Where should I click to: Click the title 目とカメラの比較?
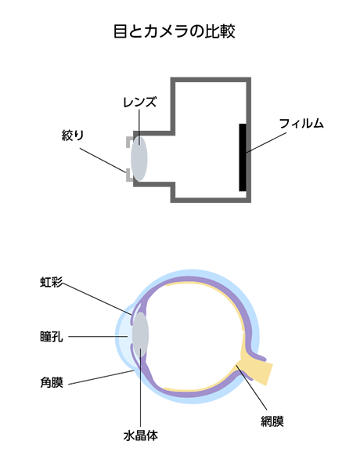coord(175,31)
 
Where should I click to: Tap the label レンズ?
coord(139,103)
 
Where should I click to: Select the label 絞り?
coord(73,135)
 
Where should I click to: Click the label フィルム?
coord(301,123)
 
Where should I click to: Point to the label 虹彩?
coord(52,282)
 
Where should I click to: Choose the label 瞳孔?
coord(52,337)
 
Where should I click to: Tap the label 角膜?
coord(52,382)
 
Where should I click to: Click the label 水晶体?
coord(141,435)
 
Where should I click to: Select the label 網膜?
coord(272,421)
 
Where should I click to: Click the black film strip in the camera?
coord(243,157)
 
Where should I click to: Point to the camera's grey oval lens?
coord(139,158)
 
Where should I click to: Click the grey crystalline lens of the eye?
coord(140,334)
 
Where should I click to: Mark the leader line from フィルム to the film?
coord(266,143)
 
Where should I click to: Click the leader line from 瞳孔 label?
coord(99,337)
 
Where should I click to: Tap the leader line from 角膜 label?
coord(101,377)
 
